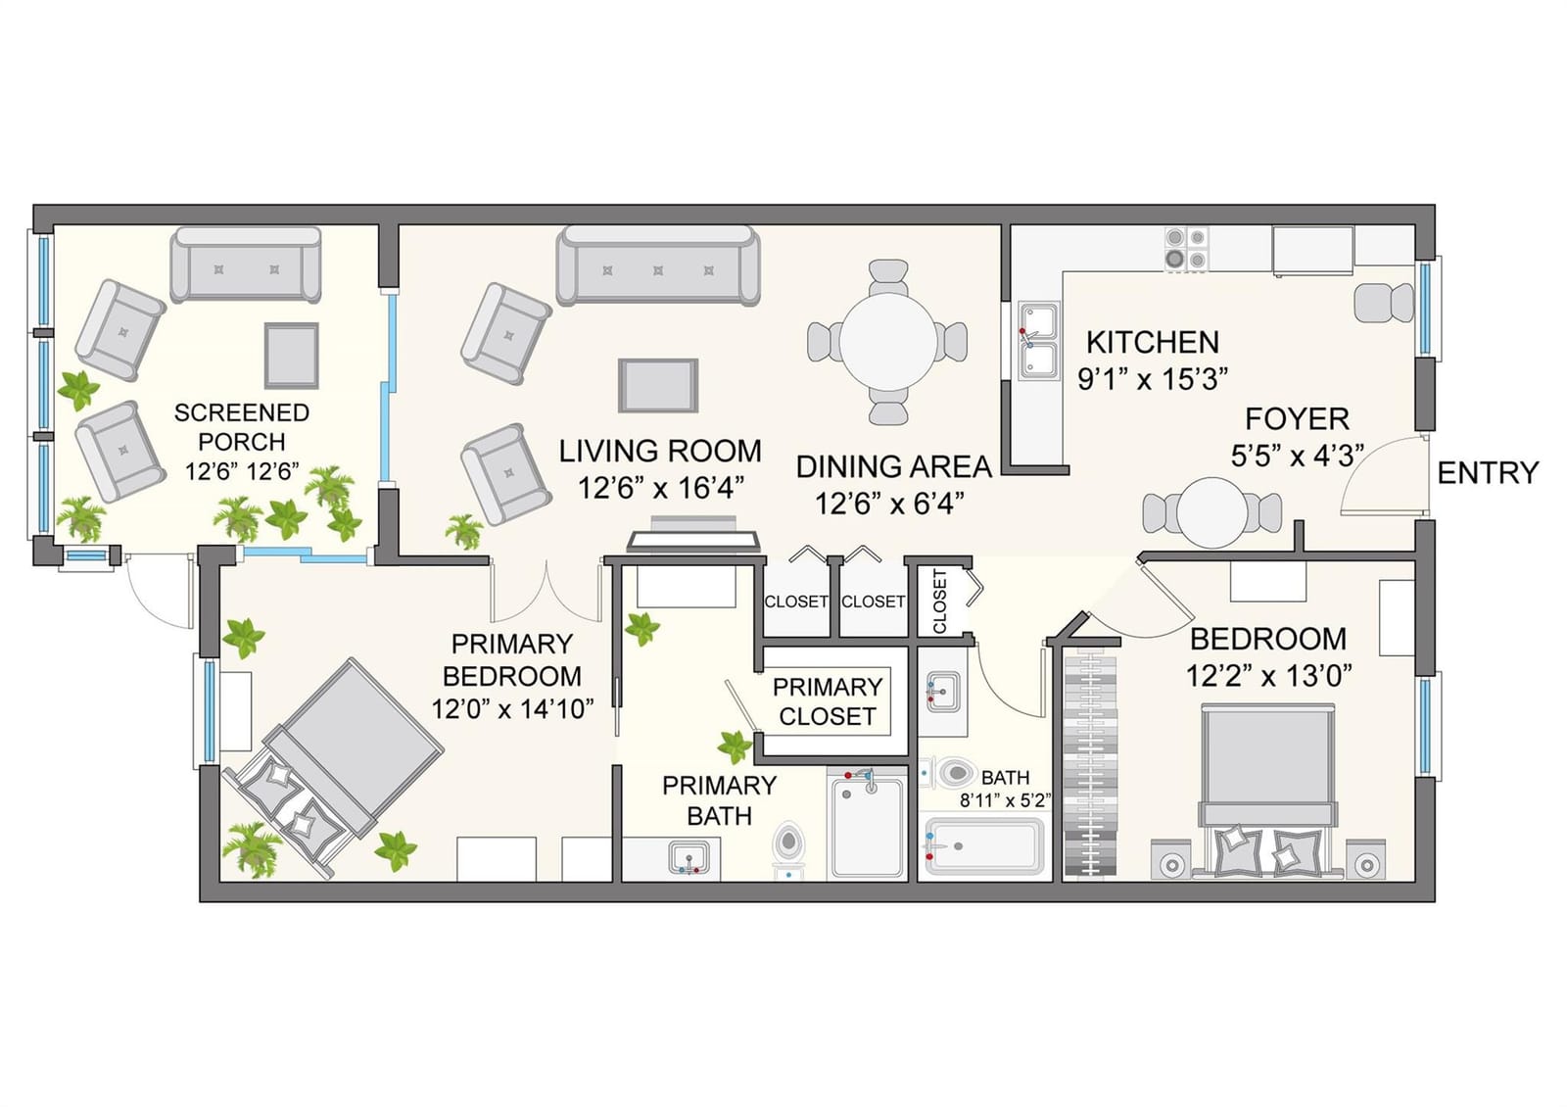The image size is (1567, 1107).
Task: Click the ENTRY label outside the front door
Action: pyautogui.click(x=1488, y=473)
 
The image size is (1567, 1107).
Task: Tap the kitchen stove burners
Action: pyautogui.click(x=1186, y=249)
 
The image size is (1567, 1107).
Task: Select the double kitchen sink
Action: pyautogui.click(x=1038, y=341)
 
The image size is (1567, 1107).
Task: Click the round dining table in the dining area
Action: pyautogui.click(x=888, y=342)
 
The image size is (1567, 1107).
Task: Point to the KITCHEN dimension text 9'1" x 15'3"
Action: pyautogui.click(x=1153, y=379)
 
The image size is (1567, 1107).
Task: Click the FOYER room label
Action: pyautogui.click(x=1297, y=419)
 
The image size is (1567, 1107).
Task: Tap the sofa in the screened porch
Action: pyautogui.click(x=246, y=265)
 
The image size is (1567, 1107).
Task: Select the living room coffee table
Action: pyautogui.click(x=657, y=386)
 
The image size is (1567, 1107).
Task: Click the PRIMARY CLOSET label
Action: pyautogui.click(x=828, y=701)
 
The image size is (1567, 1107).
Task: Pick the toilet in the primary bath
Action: pyautogui.click(x=788, y=847)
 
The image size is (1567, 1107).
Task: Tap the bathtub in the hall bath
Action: pyautogui.click(x=984, y=846)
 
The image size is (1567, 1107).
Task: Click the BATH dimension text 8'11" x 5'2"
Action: pyautogui.click(x=1005, y=799)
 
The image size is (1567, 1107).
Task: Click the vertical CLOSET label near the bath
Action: pyautogui.click(x=939, y=602)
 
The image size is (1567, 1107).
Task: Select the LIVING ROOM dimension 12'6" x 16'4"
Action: pyautogui.click(x=660, y=488)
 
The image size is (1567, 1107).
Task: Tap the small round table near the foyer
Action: pyautogui.click(x=1211, y=513)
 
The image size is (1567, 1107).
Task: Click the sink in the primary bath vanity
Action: pyautogui.click(x=689, y=857)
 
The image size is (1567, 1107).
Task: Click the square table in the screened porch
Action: pyautogui.click(x=291, y=356)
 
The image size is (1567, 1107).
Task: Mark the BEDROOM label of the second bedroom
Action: pyautogui.click(x=1268, y=639)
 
